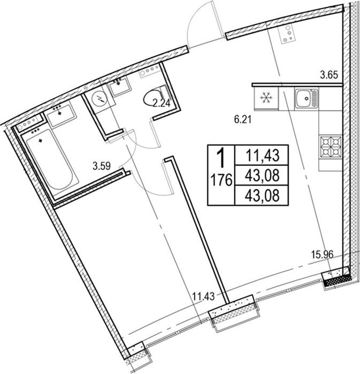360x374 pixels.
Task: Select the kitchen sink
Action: pos(307,98)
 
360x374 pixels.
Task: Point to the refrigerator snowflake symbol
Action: pos(264,98)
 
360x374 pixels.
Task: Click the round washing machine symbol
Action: pos(100,98)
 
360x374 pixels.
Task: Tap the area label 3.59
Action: pos(102,166)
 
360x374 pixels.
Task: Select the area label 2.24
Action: pos(162,104)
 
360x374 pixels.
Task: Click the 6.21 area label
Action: pos(243,120)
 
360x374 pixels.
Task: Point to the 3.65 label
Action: pos(329,75)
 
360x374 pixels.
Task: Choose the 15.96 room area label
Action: pos(322,255)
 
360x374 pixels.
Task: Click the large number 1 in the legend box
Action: pos(221,158)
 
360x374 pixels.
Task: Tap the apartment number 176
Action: pos(221,180)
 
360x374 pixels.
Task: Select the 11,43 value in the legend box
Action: pos(262,155)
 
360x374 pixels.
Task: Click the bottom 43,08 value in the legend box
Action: pos(262,196)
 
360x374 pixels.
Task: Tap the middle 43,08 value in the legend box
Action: pos(262,175)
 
